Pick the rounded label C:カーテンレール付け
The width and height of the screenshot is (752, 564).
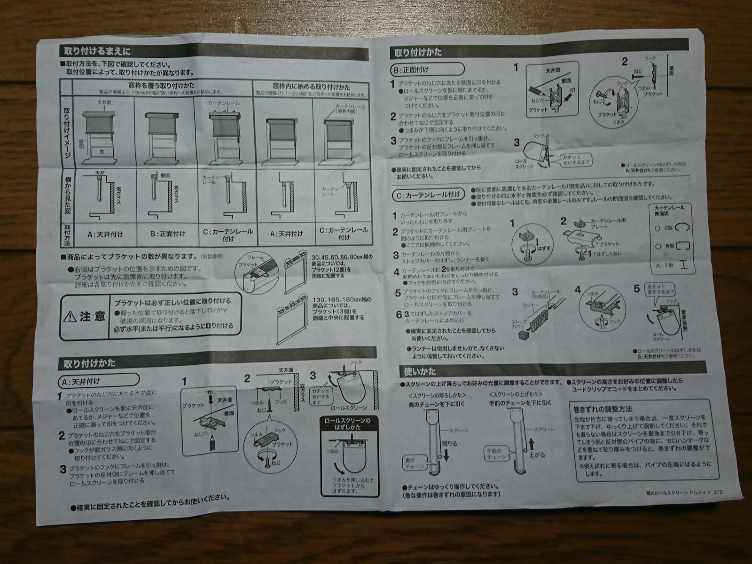tap(429, 194)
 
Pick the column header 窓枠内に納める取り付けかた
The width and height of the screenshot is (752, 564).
tap(311, 87)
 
